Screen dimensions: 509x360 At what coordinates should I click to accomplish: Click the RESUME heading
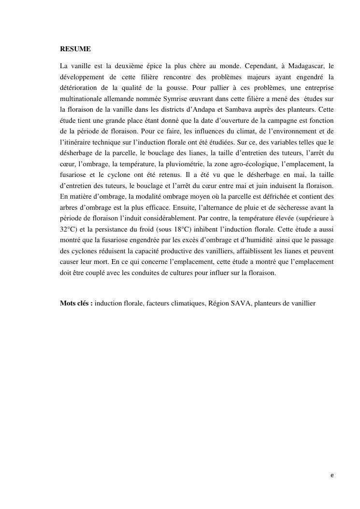tap(75, 49)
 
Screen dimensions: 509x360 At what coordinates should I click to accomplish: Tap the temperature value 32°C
tap(69, 229)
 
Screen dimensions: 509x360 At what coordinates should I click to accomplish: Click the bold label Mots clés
tap(76, 303)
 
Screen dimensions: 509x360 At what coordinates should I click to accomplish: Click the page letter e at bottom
tap(332, 476)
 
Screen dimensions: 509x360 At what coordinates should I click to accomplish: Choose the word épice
tap(151, 66)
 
